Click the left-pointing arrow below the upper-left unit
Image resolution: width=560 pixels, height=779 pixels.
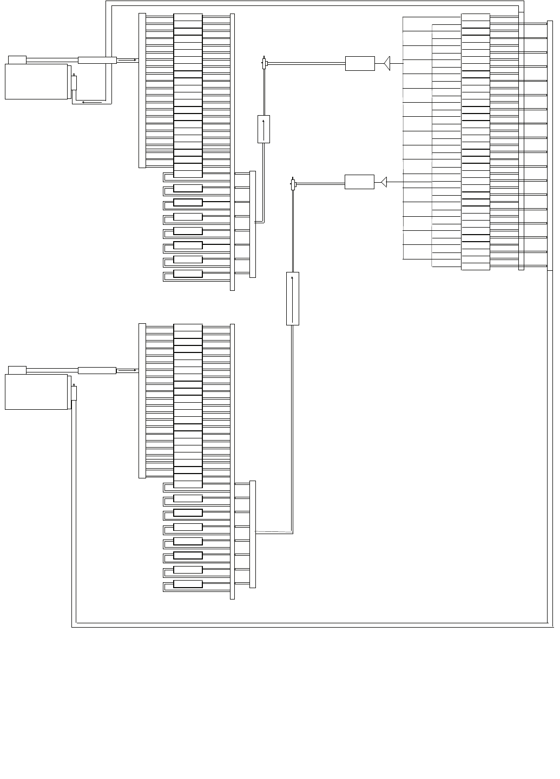click(91, 101)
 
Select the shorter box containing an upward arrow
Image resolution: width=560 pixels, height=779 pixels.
click(263, 129)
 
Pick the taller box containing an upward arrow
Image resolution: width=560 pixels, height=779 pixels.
click(292, 298)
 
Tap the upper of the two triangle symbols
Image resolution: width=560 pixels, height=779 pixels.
click(387, 63)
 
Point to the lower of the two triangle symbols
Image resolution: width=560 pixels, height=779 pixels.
click(384, 182)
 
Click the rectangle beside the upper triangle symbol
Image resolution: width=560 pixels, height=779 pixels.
click(360, 63)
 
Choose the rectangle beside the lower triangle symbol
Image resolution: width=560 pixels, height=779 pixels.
click(359, 182)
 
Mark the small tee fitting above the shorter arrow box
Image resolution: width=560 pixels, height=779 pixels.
click(264, 64)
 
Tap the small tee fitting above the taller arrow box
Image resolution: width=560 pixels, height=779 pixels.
click(293, 185)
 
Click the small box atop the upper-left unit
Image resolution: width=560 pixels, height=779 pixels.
click(17, 59)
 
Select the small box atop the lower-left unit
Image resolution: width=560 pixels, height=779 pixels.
click(17, 370)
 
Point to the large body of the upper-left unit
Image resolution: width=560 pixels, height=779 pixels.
click(36, 82)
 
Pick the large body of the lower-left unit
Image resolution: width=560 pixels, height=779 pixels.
click(36, 392)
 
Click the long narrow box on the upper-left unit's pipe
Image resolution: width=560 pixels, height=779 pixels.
click(97, 60)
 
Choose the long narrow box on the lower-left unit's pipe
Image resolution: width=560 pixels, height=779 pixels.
click(97, 370)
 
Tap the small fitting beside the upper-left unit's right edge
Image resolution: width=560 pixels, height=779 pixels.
click(74, 82)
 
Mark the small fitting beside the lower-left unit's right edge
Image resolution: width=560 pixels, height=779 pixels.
click(74, 392)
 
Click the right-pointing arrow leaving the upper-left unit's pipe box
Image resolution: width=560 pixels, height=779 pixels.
click(128, 60)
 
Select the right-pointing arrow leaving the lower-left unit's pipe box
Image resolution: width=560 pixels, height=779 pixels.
click(128, 370)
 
